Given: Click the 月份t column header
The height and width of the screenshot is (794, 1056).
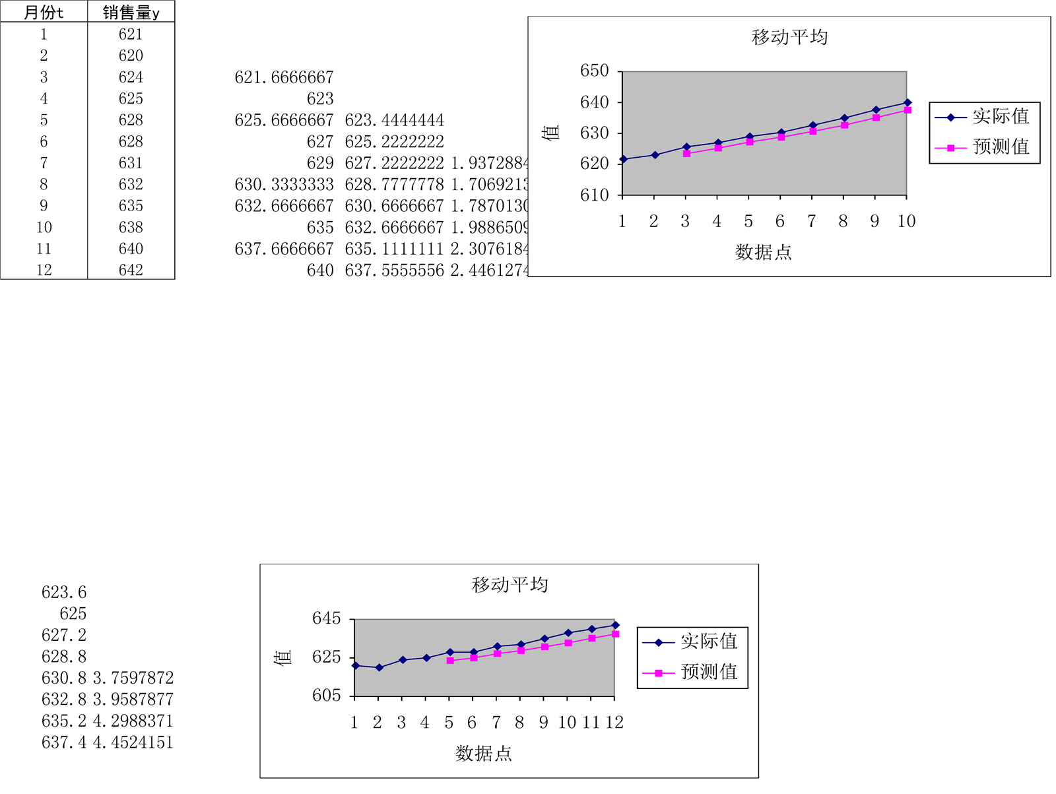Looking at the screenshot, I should click(44, 13).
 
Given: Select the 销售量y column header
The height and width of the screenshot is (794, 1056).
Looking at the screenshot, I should click(131, 13).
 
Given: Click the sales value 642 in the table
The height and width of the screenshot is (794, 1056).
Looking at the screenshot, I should click(131, 270).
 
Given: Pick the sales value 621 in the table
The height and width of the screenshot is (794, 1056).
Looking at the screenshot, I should click(131, 34).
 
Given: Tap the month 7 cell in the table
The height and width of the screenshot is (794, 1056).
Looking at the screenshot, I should click(44, 163).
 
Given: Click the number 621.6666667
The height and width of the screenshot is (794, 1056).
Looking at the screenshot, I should click(284, 77).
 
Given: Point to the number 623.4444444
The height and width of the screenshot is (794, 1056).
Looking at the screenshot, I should click(394, 120).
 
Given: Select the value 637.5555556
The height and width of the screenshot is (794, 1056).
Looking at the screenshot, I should click(394, 270).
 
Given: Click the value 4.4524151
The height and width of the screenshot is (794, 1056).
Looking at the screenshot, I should click(133, 743).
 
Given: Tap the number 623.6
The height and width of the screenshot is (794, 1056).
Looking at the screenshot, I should click(64, 592).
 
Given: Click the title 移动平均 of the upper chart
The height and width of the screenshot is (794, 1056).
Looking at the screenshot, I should click(789, 37).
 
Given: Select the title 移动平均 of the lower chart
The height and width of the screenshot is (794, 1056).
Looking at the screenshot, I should click(510, 585).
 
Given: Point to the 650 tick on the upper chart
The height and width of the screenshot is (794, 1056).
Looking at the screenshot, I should click(594, 71).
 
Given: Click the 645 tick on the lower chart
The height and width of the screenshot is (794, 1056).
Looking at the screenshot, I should click(326, 618).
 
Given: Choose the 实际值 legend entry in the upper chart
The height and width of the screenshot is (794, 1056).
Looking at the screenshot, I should click(1001, 116).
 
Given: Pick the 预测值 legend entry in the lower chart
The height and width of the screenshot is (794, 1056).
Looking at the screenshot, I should click(709, 672).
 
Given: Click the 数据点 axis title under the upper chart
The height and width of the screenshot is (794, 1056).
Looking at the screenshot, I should click(763, 252).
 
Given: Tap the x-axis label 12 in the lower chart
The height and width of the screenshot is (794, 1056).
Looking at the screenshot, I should click(614, 723).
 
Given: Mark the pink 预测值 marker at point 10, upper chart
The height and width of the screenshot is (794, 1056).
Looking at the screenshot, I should click(907, 110).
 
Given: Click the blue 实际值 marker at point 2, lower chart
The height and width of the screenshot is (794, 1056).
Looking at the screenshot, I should click(379, 667).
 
